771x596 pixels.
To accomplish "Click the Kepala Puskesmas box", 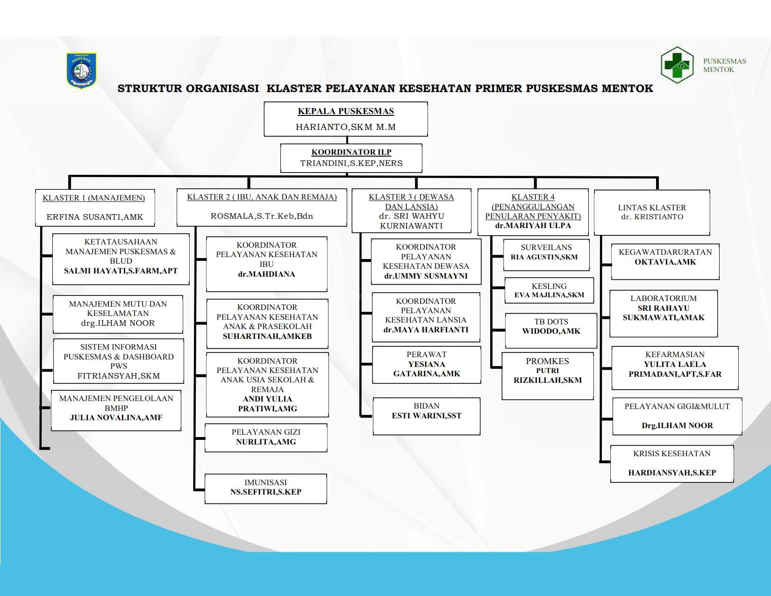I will [x=346, y=119].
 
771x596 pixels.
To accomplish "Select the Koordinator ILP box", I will [x=351, y=158].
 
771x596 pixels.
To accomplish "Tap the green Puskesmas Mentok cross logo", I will [x=677, y=65].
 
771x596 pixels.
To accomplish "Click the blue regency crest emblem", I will [x=81, y=70].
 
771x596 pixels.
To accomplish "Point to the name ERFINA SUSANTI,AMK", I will [x=95, y=217].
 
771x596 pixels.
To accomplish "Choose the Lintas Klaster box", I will [x=652, y=212].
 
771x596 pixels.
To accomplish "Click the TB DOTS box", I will [x=551, y=330].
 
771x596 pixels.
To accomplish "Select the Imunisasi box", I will [x=265, y=488].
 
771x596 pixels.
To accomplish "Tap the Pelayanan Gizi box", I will [x=266, y=438].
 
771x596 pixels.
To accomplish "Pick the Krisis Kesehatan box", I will [x=671, y=464].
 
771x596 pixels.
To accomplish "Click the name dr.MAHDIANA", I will [x=266, y=274].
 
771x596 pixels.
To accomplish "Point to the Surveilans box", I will [x=546, y=254].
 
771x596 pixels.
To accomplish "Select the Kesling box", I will [x=549, y=290].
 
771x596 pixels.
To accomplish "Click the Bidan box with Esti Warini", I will [x=426, y=416].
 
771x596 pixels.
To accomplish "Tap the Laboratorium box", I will [x=663, y=313].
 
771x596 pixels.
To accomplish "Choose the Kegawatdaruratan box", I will [x=665, y=261].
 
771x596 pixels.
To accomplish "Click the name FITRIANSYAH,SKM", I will [x=119, y=376].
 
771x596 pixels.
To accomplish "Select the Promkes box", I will [x=547, y=375].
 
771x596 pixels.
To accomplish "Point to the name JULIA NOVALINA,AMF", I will [x=116, y=418].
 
